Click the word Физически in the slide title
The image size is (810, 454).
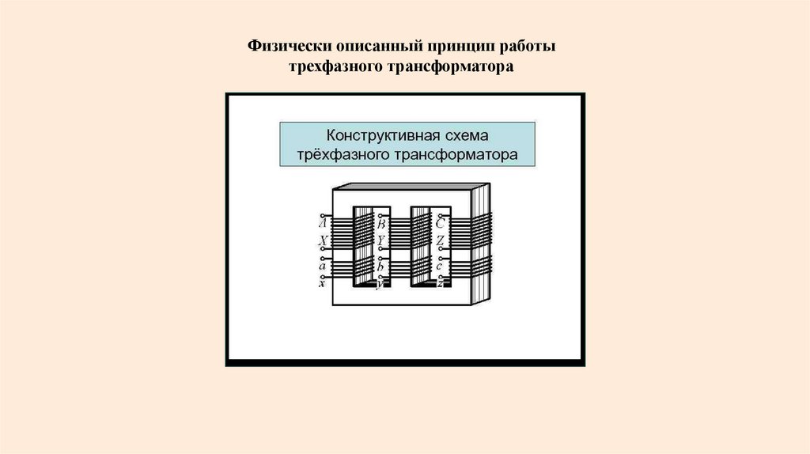tap(288, 47)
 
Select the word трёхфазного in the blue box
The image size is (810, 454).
tap(341, 154)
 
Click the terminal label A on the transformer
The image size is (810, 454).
tap(323, 224)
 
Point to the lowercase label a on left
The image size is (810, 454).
tap(323, 266)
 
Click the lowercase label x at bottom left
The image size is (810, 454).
tap(322, 282)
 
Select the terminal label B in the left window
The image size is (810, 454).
tap(381, 224)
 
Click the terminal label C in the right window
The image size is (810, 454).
tap(440, 224)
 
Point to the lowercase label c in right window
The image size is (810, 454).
tap(439, 267)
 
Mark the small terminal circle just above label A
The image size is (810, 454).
tap(322, 215)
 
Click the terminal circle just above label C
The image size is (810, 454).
tap(440, 215)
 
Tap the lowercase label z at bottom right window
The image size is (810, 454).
tap(439, 283)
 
